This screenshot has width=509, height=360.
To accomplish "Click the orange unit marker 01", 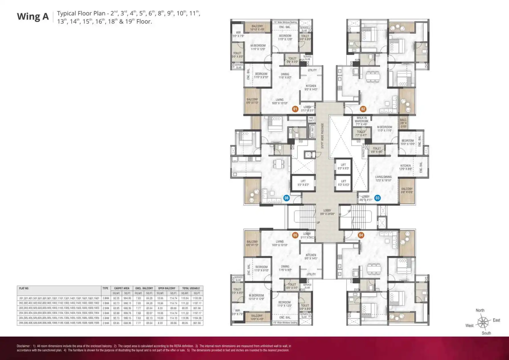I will tap(295, 109).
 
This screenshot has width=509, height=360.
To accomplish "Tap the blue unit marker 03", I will tap(377, 198).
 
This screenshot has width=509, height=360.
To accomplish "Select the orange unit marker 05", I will tap(295, 235).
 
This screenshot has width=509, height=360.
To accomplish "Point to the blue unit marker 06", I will tap(287, 198).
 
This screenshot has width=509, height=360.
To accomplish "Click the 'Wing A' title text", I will tap(33, 17).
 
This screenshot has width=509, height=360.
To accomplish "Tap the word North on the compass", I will tap(480, 310).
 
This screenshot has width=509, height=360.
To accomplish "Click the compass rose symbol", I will tap(483, 322).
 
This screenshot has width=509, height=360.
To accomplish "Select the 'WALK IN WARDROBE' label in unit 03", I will tap(362, 121).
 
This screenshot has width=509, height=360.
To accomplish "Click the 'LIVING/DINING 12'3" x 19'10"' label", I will tap(383, 179).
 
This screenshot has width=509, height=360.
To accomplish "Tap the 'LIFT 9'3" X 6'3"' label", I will tap(303, 183).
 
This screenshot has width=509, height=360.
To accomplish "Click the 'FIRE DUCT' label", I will tap(311, 119).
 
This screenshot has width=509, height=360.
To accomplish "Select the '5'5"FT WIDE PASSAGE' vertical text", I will tap(323, 136).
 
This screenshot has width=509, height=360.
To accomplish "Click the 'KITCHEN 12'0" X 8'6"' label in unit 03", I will tap(405, 167).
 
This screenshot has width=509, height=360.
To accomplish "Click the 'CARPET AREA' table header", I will tap(122, 288).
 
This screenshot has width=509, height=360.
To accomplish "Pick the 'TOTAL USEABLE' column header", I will tap(191, 288).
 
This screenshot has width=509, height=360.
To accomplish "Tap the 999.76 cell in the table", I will tap(127, 313).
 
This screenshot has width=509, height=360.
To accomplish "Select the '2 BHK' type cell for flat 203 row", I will tap(106, 308).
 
